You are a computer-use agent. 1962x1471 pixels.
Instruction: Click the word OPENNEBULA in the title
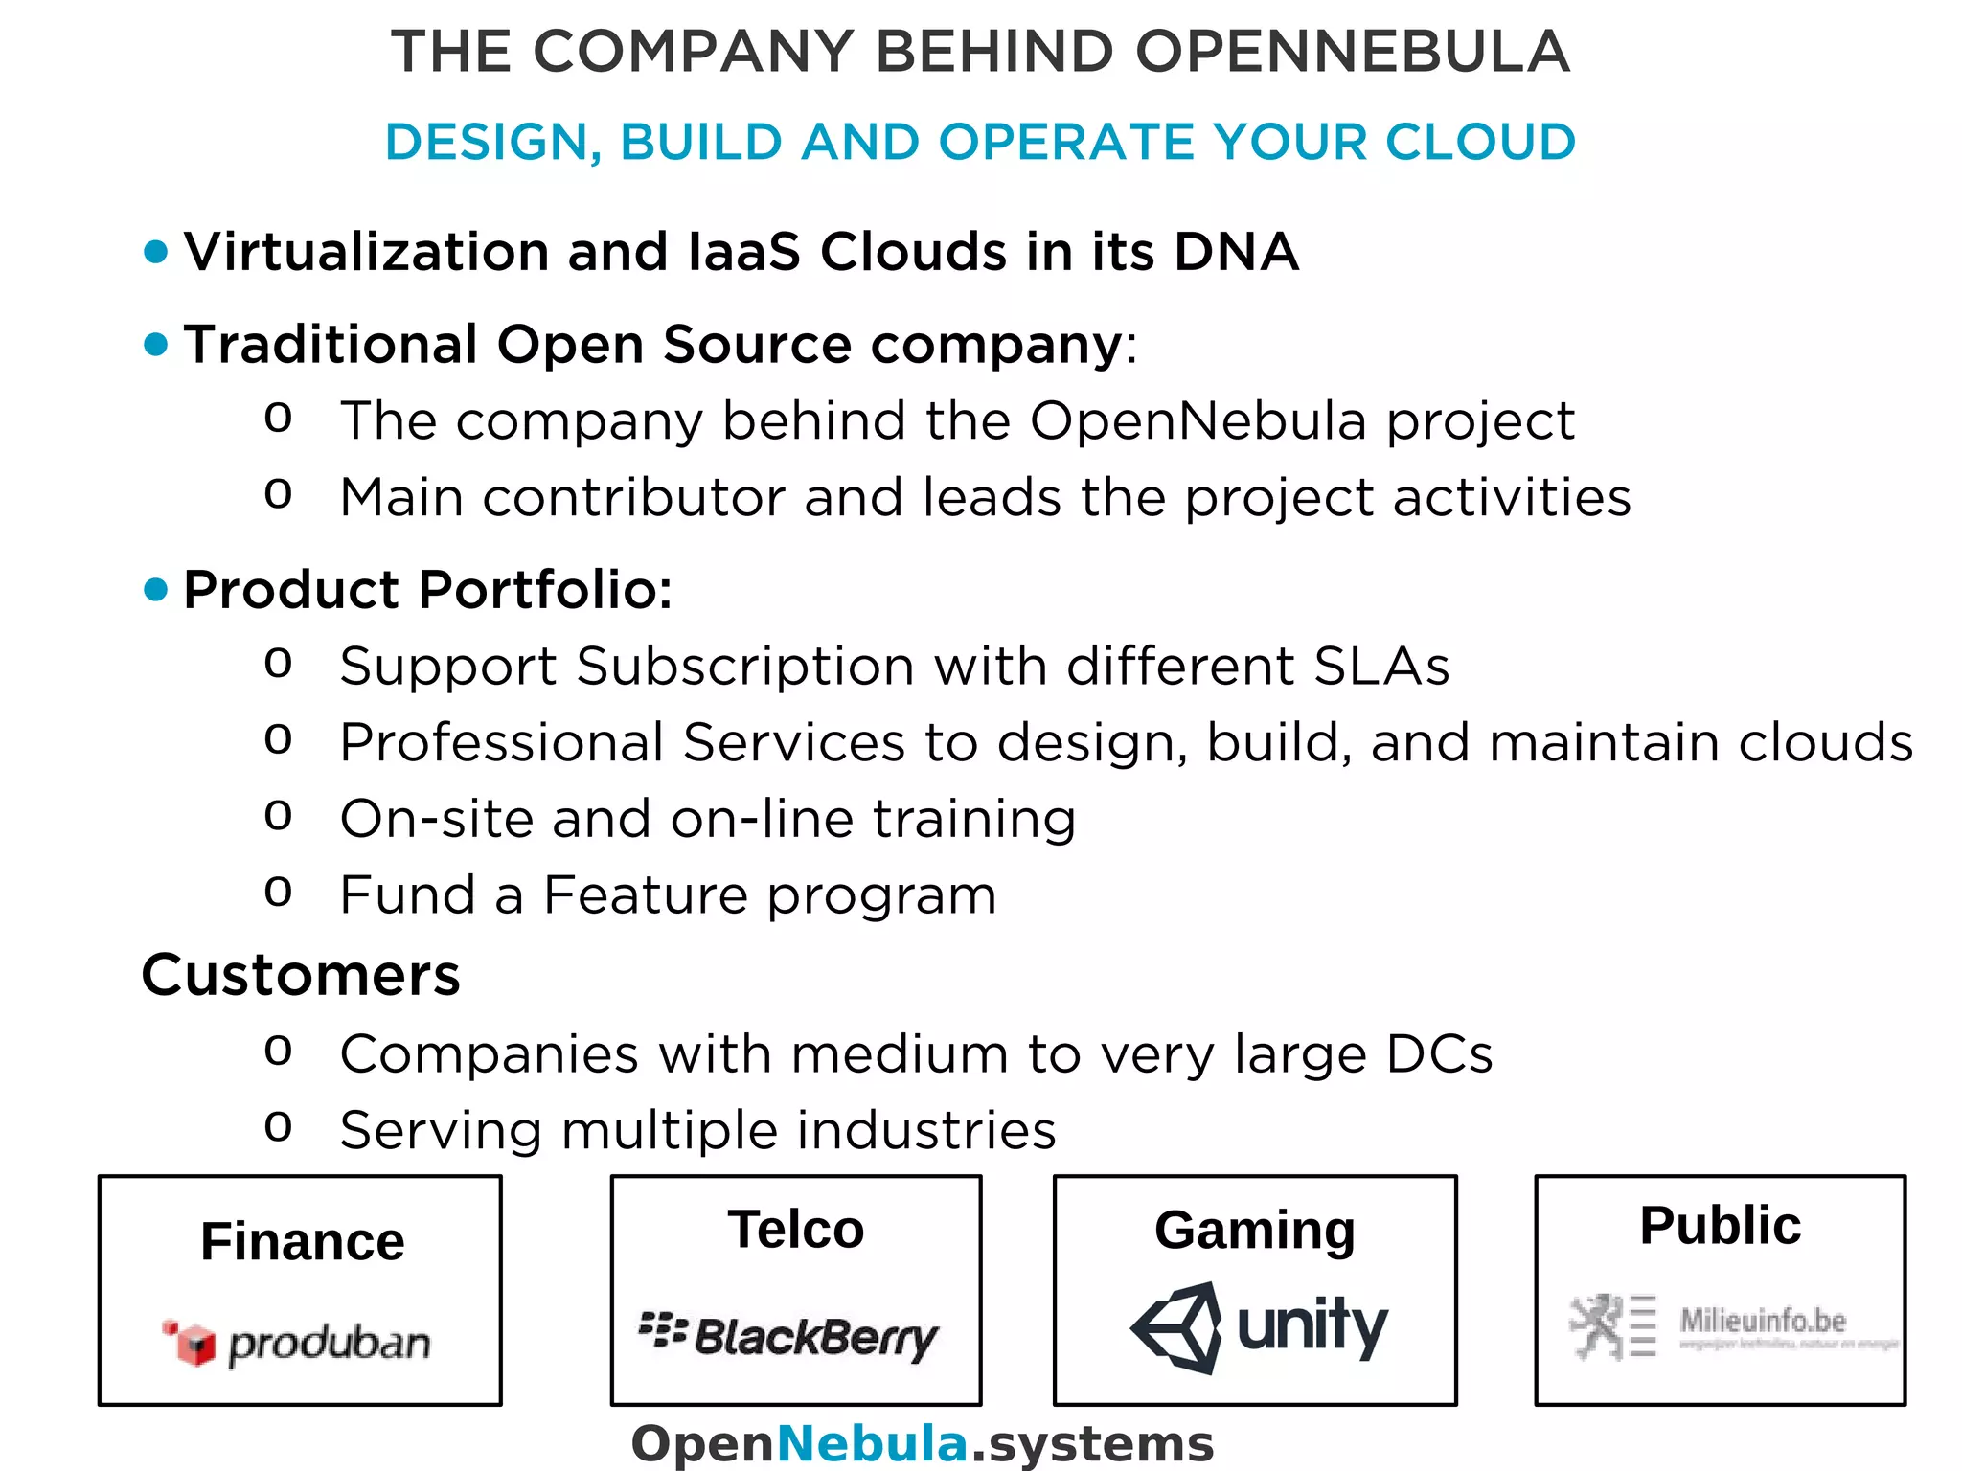pos(1353,52)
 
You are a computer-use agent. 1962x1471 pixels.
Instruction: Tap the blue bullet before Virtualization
pos(155,252)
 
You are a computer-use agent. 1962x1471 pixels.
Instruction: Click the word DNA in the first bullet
pos(1236,252)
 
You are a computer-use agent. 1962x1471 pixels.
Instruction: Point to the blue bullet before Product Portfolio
pos(155,589)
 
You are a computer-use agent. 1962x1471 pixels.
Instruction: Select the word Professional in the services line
pos(502,743)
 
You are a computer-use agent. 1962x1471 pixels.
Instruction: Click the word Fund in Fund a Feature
pos(408,895)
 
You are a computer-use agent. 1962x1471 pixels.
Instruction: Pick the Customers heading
pos(301,975)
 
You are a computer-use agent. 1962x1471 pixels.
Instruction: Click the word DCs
pos(1439,1054)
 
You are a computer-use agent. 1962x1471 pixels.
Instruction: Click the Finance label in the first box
pos(303,1242)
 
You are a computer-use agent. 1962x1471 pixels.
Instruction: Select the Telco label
pos(795,1230)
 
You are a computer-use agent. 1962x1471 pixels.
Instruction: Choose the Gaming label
pos(1254,1231)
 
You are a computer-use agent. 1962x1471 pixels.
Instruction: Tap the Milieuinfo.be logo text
pos(1763,1322)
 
